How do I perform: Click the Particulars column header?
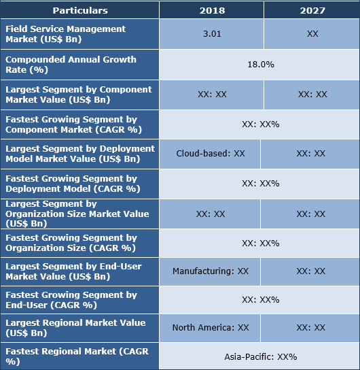point(80,10)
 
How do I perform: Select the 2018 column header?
point(211,10)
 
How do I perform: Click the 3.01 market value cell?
point(211,33)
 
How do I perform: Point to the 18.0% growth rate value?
point(260,64)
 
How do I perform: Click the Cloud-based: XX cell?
point(210,154)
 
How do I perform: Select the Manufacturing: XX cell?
point(210,271)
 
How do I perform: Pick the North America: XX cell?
point(210,327)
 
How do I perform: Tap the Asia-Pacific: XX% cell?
point(260,356)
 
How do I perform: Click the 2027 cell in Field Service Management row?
point(312,33)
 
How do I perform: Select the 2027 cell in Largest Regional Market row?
point(310,327)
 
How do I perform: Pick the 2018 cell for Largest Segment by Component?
point(211,95)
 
